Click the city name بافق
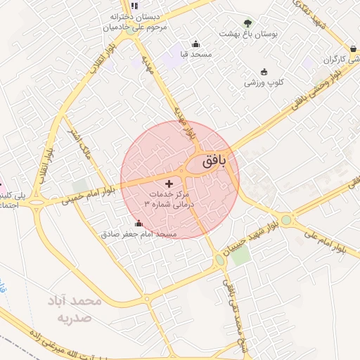pyautogui.click(x=214, y=161)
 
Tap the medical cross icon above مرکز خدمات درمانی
pyautogui.click(x=168, y=183)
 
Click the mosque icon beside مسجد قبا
pyautogui.click(x=195, y=44)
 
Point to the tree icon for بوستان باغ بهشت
pyautogui.click(x=247, y=23)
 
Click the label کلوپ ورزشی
pyautogui.click(x=264, y=82)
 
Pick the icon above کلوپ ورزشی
pyautogui.click(x=264, y=72)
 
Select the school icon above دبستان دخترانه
pyautogui.click(x=134, y=6)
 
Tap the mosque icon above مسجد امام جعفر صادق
pyautogui.click(x=138, y=224)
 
